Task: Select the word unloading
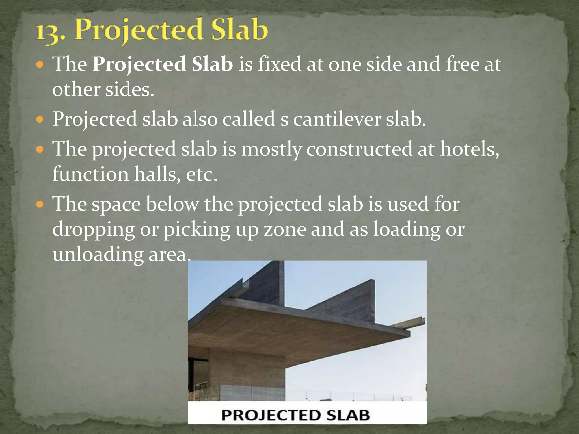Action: click(x=98, y=254)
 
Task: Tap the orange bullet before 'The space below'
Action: click(x=40, y=204)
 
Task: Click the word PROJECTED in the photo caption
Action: click(x=271, y=415)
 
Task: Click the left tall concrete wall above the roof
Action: click(x=266, y=285)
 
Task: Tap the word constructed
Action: click(x=359, y=149)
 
